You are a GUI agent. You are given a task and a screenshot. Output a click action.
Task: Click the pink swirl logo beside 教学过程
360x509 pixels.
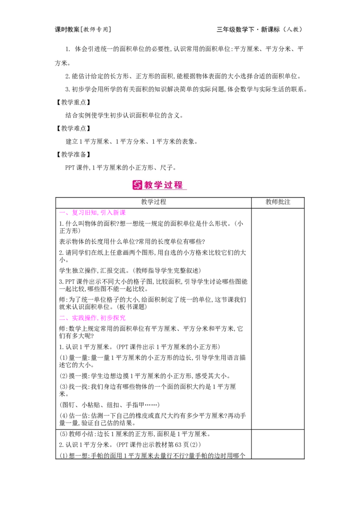point(137,185)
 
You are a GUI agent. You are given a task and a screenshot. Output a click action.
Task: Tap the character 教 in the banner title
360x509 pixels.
point(149,185)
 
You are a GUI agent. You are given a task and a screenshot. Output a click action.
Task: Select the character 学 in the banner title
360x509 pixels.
point(159,185)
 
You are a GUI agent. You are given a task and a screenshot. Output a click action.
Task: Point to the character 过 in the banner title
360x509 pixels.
point(169,185)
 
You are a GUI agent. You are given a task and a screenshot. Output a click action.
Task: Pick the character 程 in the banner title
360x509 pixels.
point(179,185)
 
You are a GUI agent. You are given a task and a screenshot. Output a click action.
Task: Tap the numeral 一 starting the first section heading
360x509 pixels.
point(61,212)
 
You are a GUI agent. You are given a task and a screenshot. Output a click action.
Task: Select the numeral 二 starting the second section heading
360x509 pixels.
point(61,317)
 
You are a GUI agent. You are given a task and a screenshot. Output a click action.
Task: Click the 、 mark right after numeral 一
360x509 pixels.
point(67,214)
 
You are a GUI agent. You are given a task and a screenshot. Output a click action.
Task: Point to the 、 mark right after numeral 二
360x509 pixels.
point(67,320)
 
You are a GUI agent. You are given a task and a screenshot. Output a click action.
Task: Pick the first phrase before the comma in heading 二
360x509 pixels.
point(85,318)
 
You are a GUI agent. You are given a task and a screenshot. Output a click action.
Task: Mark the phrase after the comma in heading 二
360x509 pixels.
point(113,318)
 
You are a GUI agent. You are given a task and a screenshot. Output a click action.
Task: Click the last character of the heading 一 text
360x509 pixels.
point(123,212)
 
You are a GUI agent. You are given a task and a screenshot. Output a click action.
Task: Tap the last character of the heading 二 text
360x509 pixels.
point(123,318)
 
